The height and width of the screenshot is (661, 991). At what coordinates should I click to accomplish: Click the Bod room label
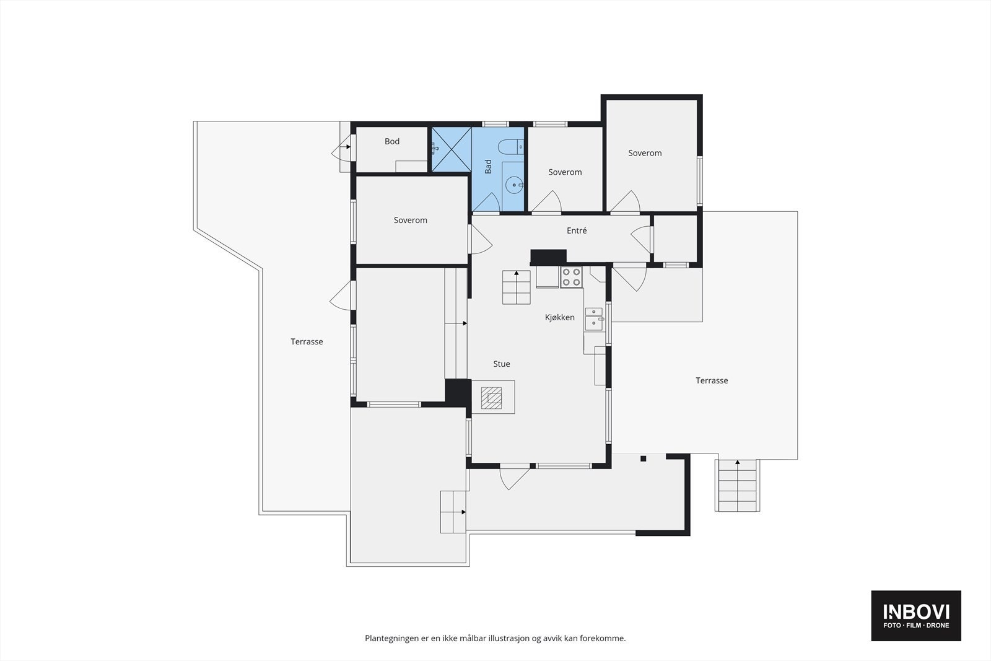point(392,141)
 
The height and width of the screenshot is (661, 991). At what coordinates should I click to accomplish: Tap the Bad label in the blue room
point(488,166)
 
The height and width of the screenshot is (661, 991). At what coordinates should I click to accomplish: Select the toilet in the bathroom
point(511,147)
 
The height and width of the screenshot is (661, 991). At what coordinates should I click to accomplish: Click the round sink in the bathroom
point(513,185)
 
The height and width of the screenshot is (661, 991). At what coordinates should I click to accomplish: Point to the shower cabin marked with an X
point(451,149)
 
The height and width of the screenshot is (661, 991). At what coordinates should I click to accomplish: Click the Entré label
point(577,230)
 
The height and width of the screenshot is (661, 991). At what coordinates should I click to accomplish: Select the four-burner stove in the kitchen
point(571,277)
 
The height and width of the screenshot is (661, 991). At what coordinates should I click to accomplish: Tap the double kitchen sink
point(594,318)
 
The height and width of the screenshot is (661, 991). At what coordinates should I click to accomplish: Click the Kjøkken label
point(560,317)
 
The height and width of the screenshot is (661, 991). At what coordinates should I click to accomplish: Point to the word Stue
point(502,364)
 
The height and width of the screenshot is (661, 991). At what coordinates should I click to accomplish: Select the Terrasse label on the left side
point(307,341)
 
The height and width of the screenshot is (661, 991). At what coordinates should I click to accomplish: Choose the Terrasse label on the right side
point(712,380)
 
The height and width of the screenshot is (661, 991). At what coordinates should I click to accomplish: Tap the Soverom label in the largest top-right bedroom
point(645,153)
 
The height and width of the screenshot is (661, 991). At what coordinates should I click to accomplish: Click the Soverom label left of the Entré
point(411,220)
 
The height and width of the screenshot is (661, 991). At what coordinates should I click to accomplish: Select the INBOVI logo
point(916,615)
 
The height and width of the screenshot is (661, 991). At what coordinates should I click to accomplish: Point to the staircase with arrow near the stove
point(517,287)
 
